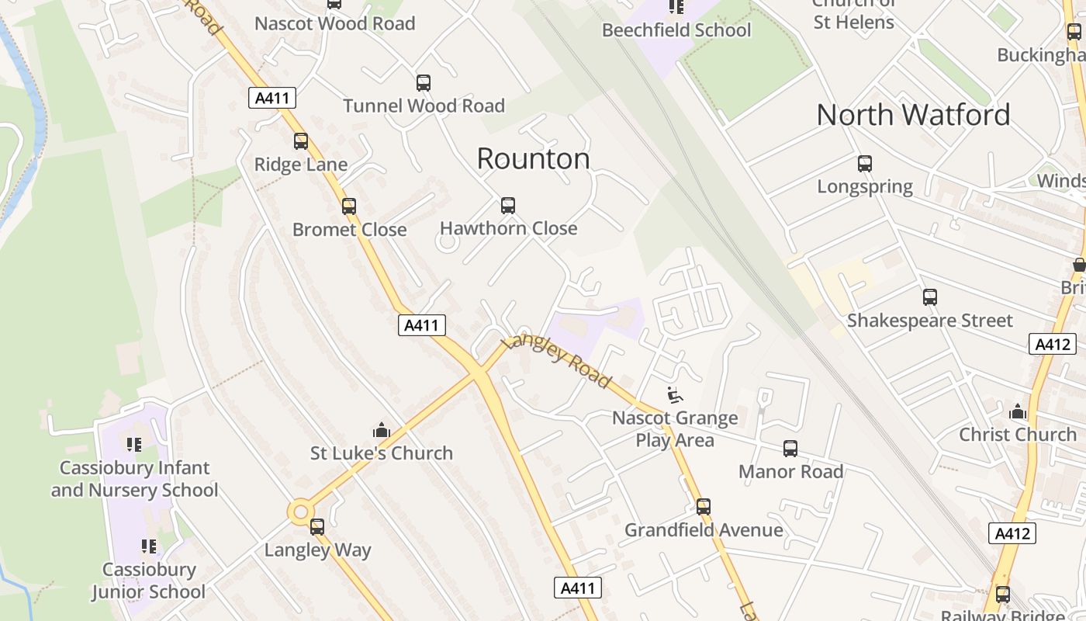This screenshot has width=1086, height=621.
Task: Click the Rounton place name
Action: tap(533, 159)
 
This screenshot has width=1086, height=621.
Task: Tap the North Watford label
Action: tap(913, 115)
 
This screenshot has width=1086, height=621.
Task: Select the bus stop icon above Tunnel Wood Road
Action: tap(424, 83)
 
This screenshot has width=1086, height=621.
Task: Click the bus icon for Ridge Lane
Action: tap(301, 141)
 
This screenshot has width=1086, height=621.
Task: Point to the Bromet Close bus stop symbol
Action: tap(349, 206)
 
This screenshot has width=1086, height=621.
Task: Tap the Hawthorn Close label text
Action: tap(508, 228)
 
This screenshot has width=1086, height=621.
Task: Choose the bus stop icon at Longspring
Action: tap(865, 164)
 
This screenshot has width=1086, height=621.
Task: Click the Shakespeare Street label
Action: tap(929, 321)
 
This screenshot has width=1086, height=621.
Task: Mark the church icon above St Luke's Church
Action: tap(381, 430)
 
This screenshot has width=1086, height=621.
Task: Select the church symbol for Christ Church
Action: tap(1018, 411)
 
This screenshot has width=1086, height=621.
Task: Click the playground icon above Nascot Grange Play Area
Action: tap(675, 395)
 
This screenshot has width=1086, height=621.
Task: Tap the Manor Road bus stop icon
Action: tap(790, 449)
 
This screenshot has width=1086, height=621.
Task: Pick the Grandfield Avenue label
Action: tap(704, 530)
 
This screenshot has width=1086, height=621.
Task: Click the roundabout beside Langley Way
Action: tap(300, 511)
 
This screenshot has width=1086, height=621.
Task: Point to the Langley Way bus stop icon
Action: tap(317, 527)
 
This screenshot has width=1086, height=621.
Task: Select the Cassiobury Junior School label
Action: tap(148, 581)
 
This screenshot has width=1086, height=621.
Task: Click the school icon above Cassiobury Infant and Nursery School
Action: tap(134, 445)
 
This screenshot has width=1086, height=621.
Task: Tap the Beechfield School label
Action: tap(676, 30)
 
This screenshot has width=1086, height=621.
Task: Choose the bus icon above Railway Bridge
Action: tap(1003, 595)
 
